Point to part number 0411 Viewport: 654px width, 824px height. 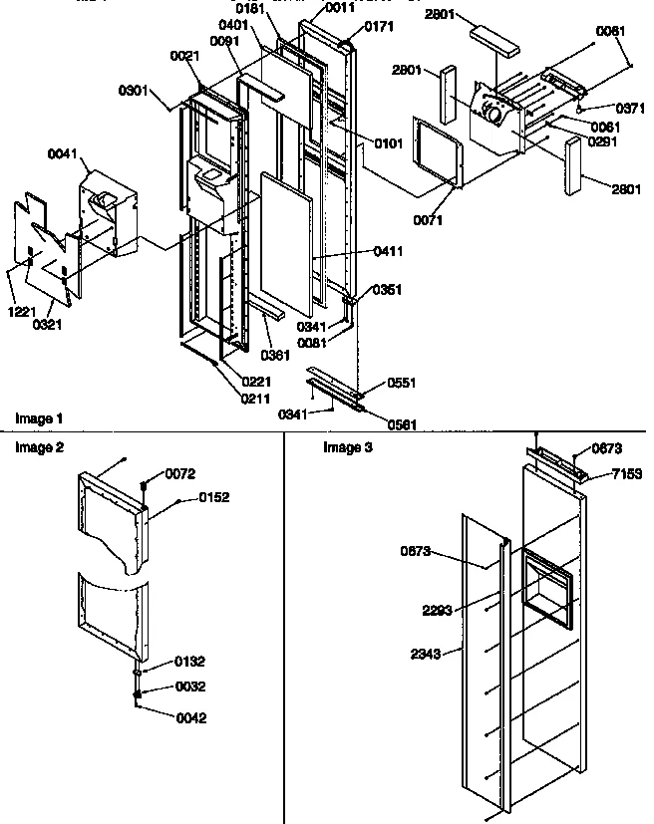click(389, 251)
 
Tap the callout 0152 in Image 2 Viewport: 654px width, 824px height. click(214, 497)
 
